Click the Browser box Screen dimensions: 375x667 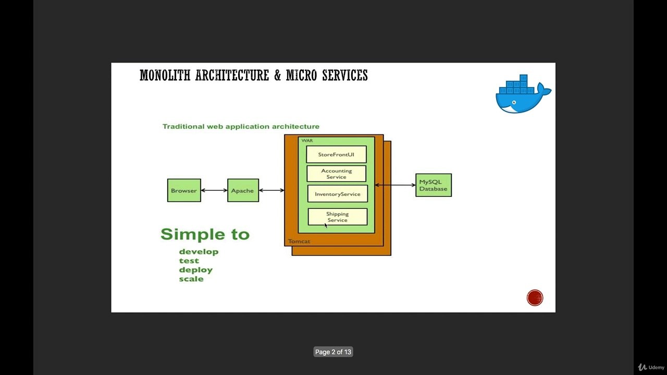[x=184, y=191]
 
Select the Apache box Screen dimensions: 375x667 [x=243, y=191]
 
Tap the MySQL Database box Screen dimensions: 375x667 [x=434, y=185]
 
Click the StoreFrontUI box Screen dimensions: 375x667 [x=336, y=155]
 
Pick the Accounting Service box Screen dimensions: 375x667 [x=336, y=174]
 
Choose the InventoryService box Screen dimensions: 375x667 [x=337, y=194]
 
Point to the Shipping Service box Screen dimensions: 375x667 [x=338, y=217]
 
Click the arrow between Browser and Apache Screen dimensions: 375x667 [x=214, y=191]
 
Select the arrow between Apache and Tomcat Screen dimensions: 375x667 [x=271, y=191]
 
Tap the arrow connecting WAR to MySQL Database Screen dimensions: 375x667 [x=395, y=185]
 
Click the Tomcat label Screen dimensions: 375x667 [x=299, y=242]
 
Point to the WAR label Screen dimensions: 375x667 [x=307, y=141]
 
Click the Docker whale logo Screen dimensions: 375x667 [x=523, y=95]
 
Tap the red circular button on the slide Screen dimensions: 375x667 [x=535, y=298]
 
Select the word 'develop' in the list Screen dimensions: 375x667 [x=199, y=252]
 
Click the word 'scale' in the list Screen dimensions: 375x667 [x=191, y=279]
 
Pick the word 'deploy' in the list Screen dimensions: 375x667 [x=196, y=270]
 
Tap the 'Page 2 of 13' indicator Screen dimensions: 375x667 [x=333, y=352]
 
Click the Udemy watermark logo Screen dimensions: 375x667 [x=651, y=367]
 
